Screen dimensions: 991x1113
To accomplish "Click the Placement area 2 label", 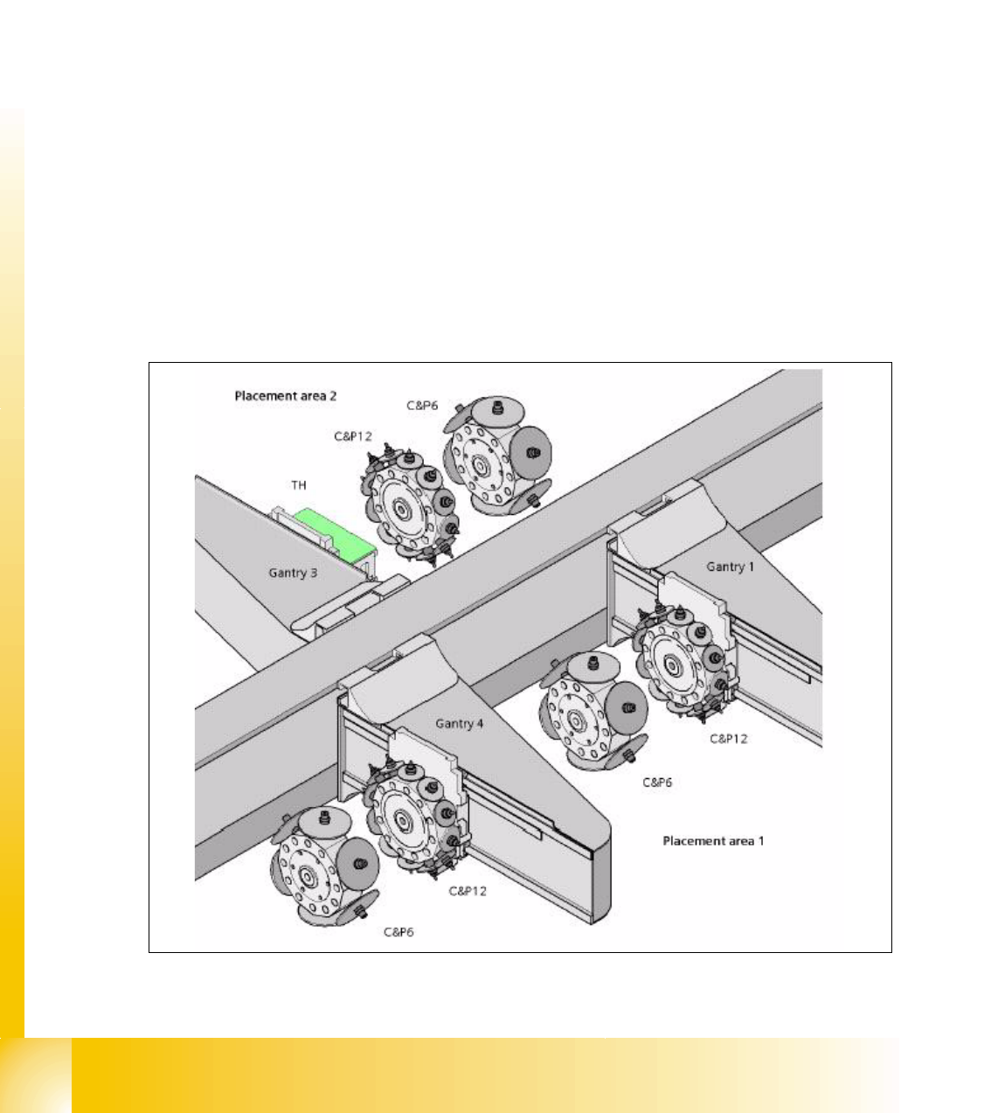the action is point(286,396).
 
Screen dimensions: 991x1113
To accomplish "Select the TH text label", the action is point(299,485).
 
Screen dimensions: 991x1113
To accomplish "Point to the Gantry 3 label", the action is point(293,573).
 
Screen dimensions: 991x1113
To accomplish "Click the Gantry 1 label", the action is point(731,567).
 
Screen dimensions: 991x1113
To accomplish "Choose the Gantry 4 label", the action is point(459,724).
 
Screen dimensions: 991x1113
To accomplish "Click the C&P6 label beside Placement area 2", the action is point(422,406).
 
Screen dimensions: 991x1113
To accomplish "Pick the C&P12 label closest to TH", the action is point(353,437).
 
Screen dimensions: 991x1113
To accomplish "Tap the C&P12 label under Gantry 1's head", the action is point(729,739).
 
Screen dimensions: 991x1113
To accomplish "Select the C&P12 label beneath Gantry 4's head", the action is point(468,891).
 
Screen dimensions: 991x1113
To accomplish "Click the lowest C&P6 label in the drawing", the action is point(398,932).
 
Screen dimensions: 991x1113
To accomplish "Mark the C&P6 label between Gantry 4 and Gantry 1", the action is point(657,783).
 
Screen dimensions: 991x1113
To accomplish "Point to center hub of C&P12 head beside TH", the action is point(402,511).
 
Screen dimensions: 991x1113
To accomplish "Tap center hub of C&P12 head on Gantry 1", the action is point(671,665).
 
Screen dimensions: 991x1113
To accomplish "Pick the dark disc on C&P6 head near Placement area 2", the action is point(530,453).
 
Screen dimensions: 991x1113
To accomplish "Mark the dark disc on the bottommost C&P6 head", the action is point(357,864).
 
